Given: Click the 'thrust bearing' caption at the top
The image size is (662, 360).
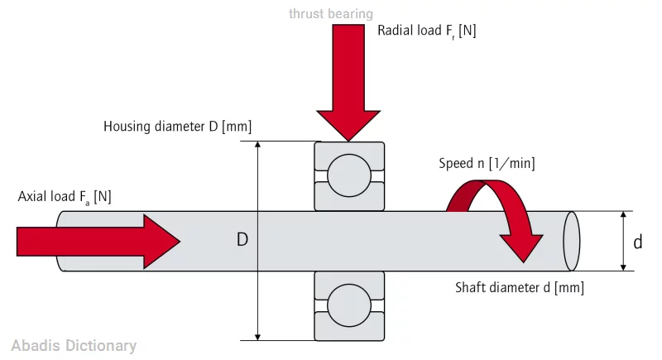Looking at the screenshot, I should pos(330,13).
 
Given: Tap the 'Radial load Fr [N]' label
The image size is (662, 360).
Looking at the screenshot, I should pos(426,31).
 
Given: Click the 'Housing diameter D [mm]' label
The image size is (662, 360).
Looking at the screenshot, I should pos(177,127).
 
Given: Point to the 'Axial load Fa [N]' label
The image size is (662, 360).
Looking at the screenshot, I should pos(65,197).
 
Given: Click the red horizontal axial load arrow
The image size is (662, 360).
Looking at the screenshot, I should pos(98,241).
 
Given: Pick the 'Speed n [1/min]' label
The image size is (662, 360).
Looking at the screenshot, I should pos(487,164).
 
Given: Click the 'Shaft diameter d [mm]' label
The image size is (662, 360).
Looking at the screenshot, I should pos(520,288).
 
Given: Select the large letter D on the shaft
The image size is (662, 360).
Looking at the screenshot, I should pos(242,240).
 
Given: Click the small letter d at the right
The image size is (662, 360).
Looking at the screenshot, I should pos(637,242).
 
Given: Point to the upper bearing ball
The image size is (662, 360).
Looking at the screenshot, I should pos(349,175).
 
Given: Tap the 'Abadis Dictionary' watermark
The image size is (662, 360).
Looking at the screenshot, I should pos(74,346).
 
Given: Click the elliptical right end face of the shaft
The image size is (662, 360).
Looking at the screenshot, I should pos(572,241).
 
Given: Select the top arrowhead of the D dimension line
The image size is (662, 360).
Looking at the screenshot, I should pos(259,145).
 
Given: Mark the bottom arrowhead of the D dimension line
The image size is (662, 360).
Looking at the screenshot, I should pos(259,335).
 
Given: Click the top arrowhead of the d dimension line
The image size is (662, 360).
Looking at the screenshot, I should pos(622,215).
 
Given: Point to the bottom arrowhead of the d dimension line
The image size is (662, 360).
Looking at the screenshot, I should pos(622,266).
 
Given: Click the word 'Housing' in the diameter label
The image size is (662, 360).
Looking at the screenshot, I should pos(128,127).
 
